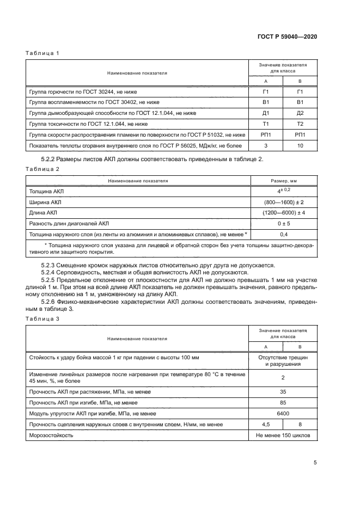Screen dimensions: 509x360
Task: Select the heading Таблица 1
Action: pos(42,53)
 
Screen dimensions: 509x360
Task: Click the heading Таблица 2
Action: pos(42,169)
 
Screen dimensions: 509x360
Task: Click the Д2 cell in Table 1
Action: pos(298,113)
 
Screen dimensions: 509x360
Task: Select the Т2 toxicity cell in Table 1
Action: pos(298,124)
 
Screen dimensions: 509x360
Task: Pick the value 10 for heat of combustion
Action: pos(298,145)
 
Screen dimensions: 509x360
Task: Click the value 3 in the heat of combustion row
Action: pos(266,145)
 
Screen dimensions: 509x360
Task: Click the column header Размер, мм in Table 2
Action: pos(283,181)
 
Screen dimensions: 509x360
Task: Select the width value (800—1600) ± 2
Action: pos(283,202)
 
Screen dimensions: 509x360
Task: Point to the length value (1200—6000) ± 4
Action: pos(283,212)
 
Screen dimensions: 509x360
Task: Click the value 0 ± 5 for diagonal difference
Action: pos(283,223)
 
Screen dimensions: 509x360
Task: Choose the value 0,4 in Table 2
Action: pos(283,234)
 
